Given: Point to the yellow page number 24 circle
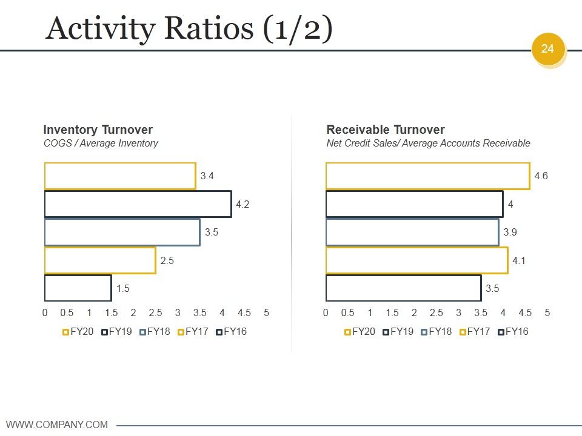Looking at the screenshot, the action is pyautogui.click(x=548, y=49).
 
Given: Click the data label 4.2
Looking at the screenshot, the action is pyautogui.click(x=242, y=204).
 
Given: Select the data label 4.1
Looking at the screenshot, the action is pyautogui.click(x=519, y=260).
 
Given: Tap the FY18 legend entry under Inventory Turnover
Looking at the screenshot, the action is pyautogui.click(x=155, y=331).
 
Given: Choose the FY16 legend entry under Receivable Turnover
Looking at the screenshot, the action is pyautogui.click(x=513, y=331).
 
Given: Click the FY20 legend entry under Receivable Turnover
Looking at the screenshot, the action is pyautogui.click(x=360, y=331).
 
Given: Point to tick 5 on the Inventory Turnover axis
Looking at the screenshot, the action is pyautogui.click(x=267, y=313).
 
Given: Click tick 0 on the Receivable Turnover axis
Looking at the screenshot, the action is pyautogui.click(x=326, y=313).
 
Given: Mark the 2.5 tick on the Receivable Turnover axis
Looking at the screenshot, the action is pyautogui.click(x=436, y=313).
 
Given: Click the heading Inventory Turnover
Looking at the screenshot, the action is pyautogui.click(x=98, y=130).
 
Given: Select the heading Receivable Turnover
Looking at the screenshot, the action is pyautogui.click(x=386, y=130).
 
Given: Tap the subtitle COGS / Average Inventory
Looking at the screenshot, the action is pyautogui.click(x=101, y=143).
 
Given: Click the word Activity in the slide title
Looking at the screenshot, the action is pyautogui.click(x=101, y=29).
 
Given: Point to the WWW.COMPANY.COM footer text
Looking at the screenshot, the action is pyautogui.click(x=57, y=424).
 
